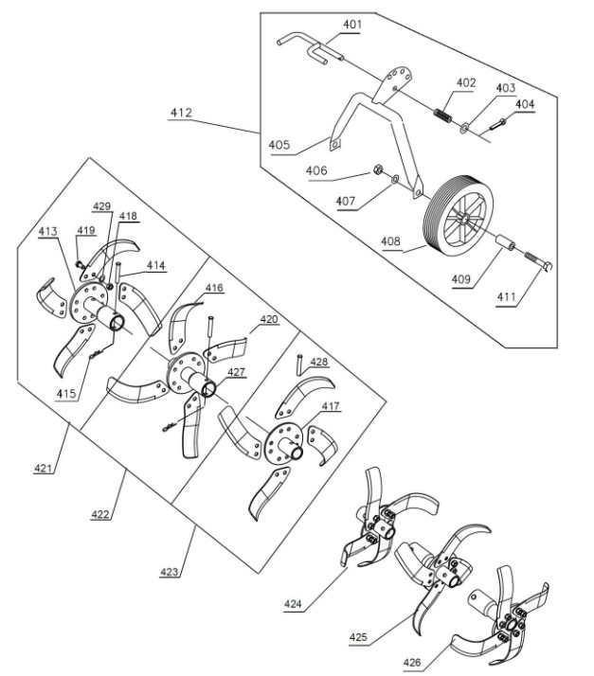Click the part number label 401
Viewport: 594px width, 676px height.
coord(351,25)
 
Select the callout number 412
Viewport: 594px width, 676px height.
coord(181,113)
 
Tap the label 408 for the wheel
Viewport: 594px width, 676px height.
coord(390,241)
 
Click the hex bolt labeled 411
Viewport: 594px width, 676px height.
coord(537,262)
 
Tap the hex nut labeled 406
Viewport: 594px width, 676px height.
coord(377,172)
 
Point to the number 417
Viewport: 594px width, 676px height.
coord(329,408)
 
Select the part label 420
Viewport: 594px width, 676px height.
coord(269,321)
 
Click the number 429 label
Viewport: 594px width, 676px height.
coord(101,205)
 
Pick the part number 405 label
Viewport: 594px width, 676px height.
coord(279,146)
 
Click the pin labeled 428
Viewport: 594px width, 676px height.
coord(299,365)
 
